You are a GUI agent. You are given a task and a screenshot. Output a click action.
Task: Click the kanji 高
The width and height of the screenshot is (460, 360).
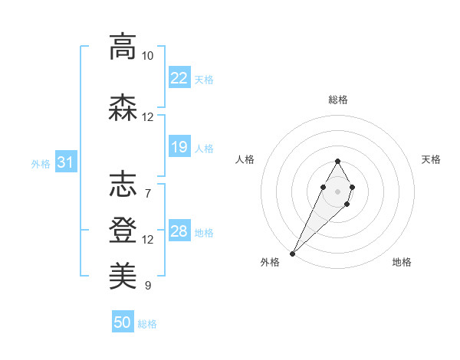point(123,47)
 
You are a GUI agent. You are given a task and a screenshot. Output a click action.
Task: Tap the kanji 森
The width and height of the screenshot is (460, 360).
point(123,108)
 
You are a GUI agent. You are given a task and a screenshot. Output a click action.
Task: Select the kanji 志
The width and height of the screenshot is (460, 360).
point(123,185)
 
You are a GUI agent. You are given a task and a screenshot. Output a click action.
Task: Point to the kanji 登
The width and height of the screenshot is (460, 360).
point(123,230)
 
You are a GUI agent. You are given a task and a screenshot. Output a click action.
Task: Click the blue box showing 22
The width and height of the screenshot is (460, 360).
point(179,78)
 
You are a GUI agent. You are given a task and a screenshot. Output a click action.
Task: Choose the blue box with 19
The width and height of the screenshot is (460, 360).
point(179,147)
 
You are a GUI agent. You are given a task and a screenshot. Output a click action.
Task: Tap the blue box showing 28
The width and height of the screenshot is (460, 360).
point(179,231)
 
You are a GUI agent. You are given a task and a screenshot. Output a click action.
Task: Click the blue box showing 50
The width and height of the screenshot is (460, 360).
point(123,322)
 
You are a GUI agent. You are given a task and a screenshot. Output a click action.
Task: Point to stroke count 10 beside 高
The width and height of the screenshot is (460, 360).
point(147,56)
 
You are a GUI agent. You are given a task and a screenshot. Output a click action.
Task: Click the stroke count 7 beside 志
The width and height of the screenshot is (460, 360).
point(147,193)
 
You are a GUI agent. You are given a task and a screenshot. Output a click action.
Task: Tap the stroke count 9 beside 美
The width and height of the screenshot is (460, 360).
point(147,286)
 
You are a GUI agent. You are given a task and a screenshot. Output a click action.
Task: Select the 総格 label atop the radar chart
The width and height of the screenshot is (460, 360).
point(338,100)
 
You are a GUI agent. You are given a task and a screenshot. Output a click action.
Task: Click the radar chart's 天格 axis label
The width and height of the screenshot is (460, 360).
point(431,159)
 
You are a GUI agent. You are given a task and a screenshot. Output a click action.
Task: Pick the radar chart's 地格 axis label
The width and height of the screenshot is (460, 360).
point(402,262)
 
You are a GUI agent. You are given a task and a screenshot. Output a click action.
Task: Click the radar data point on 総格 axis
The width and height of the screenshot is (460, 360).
point(338,161)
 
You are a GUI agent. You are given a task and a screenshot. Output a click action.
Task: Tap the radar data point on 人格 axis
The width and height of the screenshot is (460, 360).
point(323,187)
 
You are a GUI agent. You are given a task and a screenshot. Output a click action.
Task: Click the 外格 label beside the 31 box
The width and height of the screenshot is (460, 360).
point(41,163)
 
